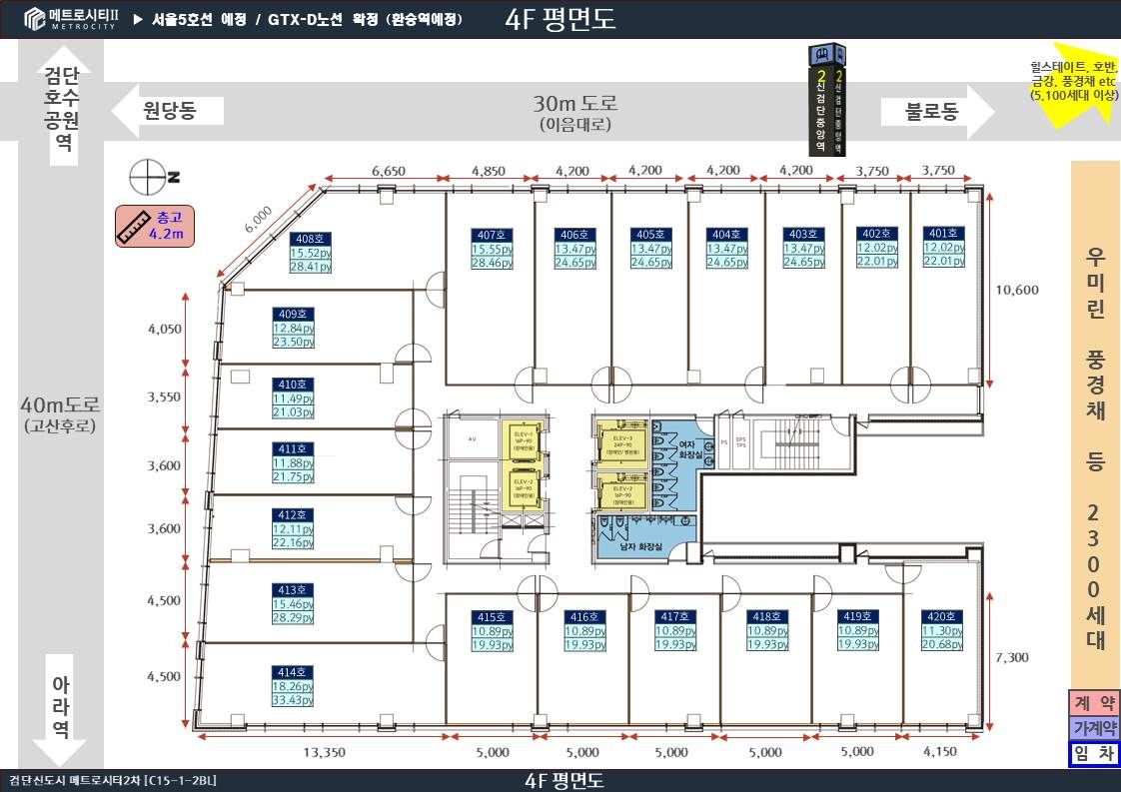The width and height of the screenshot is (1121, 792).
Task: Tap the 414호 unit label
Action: tap(294, 672)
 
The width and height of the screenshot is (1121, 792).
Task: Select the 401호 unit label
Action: tap(943, 233)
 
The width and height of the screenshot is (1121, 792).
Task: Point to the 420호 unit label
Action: tap(941, 617)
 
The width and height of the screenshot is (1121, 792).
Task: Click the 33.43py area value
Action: tap(294, 701)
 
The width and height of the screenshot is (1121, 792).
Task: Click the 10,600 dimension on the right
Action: tap(1017, 291)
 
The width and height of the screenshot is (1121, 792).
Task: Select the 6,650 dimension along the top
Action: tap(388, 171)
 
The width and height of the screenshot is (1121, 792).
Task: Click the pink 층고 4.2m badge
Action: tap(154, 227)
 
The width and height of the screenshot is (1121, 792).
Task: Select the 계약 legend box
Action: tap(1094, 702)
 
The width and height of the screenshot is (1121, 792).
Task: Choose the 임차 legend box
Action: tap(1094, 754)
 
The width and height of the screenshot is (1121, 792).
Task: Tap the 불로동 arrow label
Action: tap(931, 111)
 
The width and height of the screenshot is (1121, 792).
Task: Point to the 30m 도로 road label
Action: tap(574, 104)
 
